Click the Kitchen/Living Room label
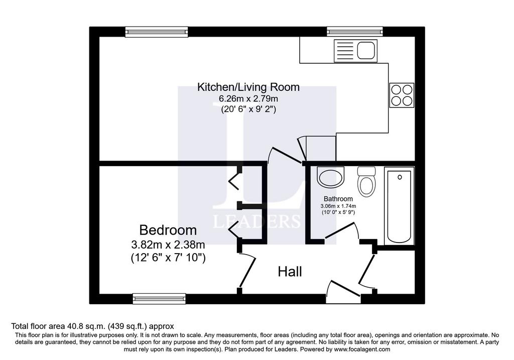tap(248, 87)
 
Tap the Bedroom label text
tap(168, 230)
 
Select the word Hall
tap(290, 272)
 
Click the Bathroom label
tap(338, 199)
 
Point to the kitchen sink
tap(356, 51)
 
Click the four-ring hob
tap(402, 95)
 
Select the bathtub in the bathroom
tap(399, 206)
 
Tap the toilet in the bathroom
tap(366, 181)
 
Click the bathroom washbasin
tap(331, 177)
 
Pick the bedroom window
tap(159, 298)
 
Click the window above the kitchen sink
tap(355, 32)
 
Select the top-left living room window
tap(157, 32)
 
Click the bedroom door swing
tap(247, 271)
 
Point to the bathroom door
tap(341, 231)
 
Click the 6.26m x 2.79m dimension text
tap(248, 98)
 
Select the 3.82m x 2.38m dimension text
tap(168, 245)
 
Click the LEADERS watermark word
tap(256, 221)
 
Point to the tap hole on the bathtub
tap(400, 177)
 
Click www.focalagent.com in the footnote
tap(362, 349)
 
